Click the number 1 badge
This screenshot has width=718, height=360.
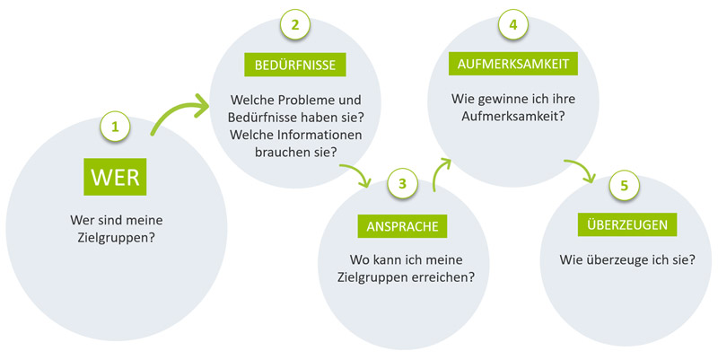tap(115, 127)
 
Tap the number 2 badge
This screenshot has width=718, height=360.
tap(295, 25)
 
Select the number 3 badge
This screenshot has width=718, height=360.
tap(402, 184)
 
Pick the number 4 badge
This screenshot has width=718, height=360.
tap(512, 25)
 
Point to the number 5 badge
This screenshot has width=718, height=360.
tap(624, 186)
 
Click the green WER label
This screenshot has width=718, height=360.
tap(115, 177)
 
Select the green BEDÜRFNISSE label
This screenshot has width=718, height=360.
tap(295, 65)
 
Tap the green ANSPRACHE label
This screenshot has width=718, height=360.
tap(402, 226)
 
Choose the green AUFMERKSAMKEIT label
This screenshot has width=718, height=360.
tap(512, 64)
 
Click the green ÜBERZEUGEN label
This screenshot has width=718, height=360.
tap(626, 224)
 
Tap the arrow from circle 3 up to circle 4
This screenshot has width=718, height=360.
tap(442, 173)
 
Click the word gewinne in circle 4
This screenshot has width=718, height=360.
tap(496, 99)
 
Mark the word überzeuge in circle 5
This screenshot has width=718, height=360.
tap(614, 260)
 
